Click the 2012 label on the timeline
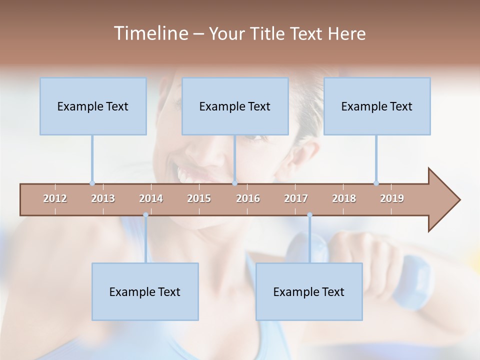pyautogui.click(x=55, y=198)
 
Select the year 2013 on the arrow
pyautogui.click(x=103, y=198)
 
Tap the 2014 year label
pyautogui.click(x=151, y=198)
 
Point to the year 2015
pyautogui.click(x=199, y=198)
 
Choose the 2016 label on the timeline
pyautogui.click(x=248, y=198)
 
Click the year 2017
pyautogui.click(x=296, y=198)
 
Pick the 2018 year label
pyautogui.click(x=344, y=198)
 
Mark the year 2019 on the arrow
pyautogui.click(x=392, y=198)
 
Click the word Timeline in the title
pyautogui.click(x=150, y=33)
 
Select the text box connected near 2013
pyautogui.click(x=93, y=106)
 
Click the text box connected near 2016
pyautogui.click(x=235, y=106)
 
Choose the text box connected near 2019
pyautogui.click(x=377, y=106)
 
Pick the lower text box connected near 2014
pyautogui.click(x=145, y=291)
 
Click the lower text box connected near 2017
pyautogui.click(x=309, y=291)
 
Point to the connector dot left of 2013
pyautogui.click(x=92, y=183)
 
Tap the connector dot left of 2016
pyautogui.click(x=235, y=183)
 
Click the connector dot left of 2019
pyautogui.click(x=376, y=183)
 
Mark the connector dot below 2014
pyautogui.click(x=145, y=215)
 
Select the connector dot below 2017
pyautogui.click(x=309, y=215)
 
